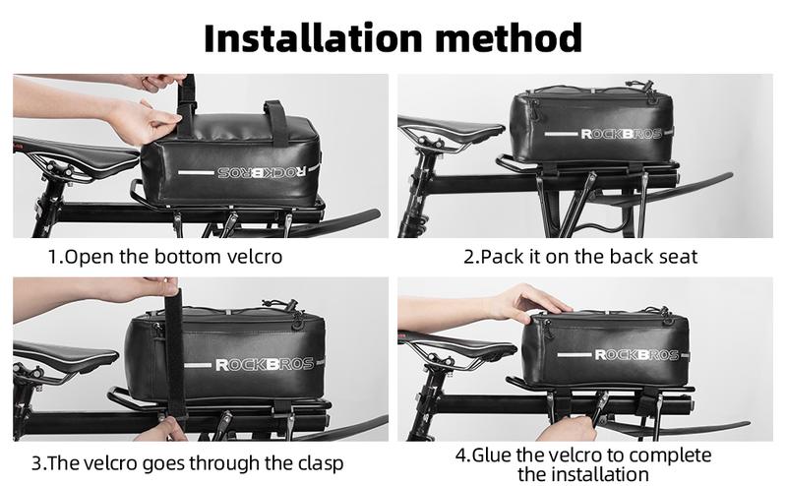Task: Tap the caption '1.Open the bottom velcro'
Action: coord(165,258)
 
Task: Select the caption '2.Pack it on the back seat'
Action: coord(580,258)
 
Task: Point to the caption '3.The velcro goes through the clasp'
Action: coord(187,461)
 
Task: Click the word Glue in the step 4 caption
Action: coord(493,456)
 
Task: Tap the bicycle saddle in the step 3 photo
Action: coord(54,353)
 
